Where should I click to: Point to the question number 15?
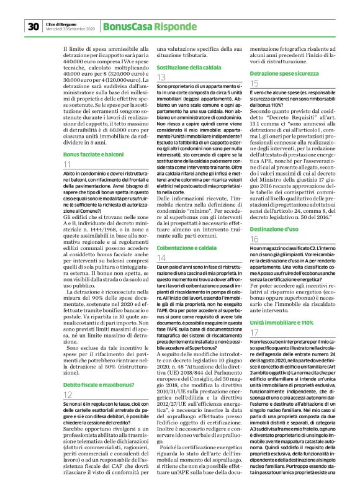(x=254, y=83)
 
